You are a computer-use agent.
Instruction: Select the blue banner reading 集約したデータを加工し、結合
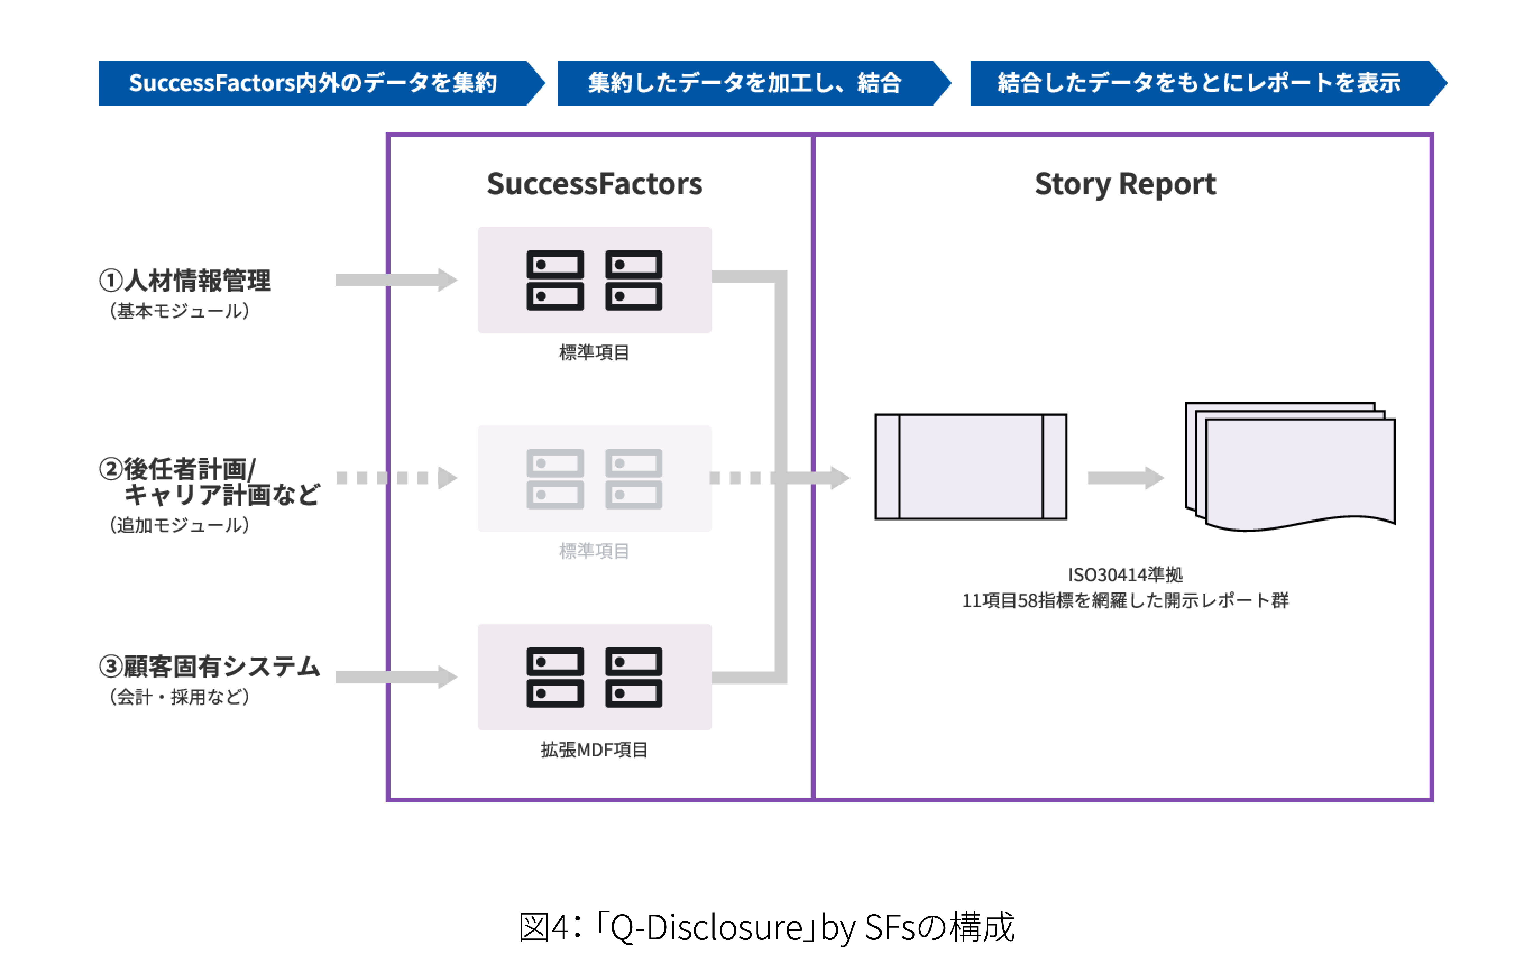(745, 83)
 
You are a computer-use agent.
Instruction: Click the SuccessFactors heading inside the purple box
(595, 184)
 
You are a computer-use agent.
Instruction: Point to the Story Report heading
(1125, 184)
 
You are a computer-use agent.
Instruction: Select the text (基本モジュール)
(180, 311)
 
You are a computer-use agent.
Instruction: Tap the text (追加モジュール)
(180, 525)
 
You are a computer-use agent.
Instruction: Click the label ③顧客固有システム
(209, 666)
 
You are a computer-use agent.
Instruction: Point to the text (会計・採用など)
(180, 697)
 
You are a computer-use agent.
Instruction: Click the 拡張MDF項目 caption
(594, 749)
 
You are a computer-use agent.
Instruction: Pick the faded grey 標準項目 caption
(594, 551)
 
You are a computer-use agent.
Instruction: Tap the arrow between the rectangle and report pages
(1125, 477)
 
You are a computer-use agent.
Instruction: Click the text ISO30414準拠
(1125, 575)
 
